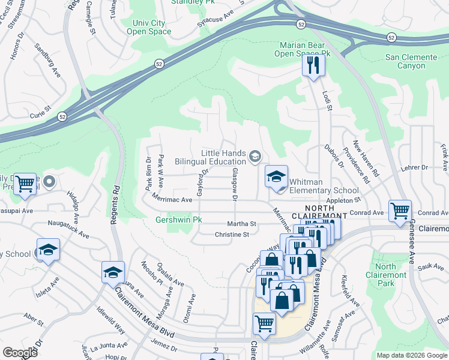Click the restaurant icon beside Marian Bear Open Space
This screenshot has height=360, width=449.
pos(312,64)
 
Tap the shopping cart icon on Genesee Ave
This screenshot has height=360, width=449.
pos(400,211)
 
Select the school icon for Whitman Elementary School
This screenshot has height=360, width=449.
pos(276,176)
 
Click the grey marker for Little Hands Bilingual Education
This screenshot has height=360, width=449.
pos(255,157)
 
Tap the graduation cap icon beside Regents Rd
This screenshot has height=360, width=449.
pos(112,272)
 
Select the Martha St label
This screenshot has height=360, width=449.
pos(246,224)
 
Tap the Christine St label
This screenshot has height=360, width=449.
pos(232,235)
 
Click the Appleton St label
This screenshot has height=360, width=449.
pos(343,200)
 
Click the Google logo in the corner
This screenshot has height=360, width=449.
pos(20,352)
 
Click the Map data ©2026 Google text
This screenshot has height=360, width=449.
pos(411,355)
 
